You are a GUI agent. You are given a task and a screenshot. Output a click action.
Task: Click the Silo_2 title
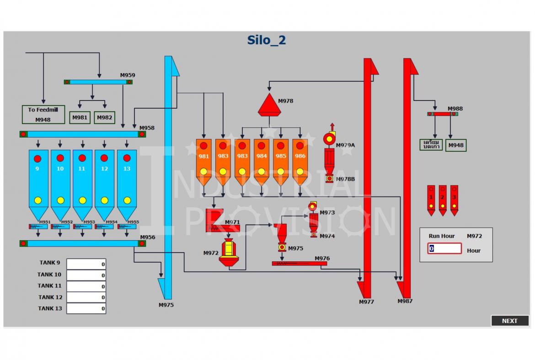pyautogui.click(x=267, y=40)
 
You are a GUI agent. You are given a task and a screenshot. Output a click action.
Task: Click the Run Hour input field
pyautogui.click(x=444, y=249)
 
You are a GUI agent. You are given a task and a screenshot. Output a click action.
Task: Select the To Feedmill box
pyautogui.click(x=43, y=115)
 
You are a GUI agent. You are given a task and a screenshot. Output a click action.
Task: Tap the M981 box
pyautogui.click(x=80, y=117)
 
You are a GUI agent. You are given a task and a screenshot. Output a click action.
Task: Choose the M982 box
pyautogui.click(x=105, y=117)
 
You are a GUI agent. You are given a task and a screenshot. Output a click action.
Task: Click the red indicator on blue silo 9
pyautogui.click(x=37, y=159)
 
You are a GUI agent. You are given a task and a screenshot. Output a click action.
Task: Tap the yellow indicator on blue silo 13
pyautogui.click(x=127, y=200)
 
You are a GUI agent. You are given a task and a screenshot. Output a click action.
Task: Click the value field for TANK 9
pyautogui.click(x=86, y=264)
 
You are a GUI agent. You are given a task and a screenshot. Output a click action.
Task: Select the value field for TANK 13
pyautogui.click(x=86, y=308)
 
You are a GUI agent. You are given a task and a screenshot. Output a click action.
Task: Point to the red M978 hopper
pyautogui.click(x=269, y=106)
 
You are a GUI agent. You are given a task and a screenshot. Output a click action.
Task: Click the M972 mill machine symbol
pyautogui.click(x=229, y=253)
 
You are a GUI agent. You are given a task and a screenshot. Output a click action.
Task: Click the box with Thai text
pyautogui.click(x=431, y=145)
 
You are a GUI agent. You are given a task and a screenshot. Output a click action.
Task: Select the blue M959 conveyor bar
pyautogui.click(x=98, y=82)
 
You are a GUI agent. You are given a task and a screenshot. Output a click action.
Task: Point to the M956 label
pyautogui.click(x=148, y=237)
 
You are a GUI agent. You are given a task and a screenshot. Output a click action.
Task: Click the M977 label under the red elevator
pyautogui.click(x=366, y=302)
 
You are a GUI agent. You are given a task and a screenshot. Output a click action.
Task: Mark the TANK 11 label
pyautogui.click(x=49, y=286)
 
